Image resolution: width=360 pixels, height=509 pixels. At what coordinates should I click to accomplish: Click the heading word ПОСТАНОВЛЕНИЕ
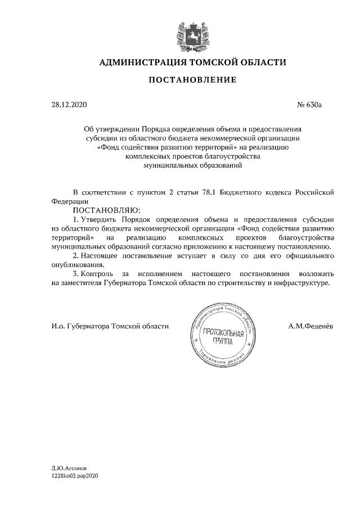click(192, 80)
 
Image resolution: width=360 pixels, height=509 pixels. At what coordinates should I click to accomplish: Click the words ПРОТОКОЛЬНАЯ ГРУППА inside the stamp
click(223, 337)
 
